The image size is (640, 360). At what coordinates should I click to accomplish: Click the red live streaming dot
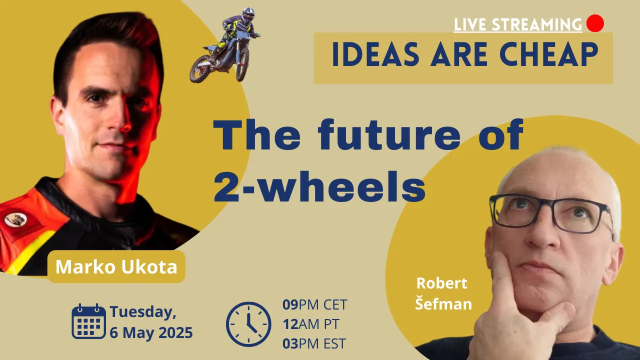pyautogui.click(x=595, y=23)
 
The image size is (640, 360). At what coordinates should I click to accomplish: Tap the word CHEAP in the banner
pyautogui.click(x=548, y=54)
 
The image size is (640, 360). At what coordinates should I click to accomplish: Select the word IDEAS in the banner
pyautogui.click(x=375, y=54)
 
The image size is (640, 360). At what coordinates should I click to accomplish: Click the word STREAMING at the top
pyautogui.click(x=537, y=24)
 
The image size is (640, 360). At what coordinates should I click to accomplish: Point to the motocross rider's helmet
pyautogui.click(x=248, y=15)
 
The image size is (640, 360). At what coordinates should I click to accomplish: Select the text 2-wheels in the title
pyautogui.click(x=320, y=186)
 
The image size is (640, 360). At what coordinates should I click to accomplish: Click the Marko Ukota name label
pyautogui.click(x=116, y=266)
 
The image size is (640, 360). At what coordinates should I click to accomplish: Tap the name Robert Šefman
pyautogui.click(x=443, y=293)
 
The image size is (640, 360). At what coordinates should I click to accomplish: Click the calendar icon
pyautogui.click(x=88, y=321)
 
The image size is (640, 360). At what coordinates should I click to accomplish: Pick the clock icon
pyautogui.click(x=248, y=324)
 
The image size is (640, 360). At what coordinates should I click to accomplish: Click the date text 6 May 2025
pyautogui.click(x=151, y=333)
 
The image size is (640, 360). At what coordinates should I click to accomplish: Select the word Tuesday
pyautogui.click(x=143, y=311)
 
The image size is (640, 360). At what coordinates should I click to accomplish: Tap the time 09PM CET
pyautogui.click(x=315, y=304)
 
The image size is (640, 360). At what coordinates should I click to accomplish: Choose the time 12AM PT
pyautogui.click(x=311, y=324)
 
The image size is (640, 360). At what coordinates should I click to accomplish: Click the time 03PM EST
pyautogui.click(x=314, y=343)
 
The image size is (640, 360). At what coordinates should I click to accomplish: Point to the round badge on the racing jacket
pyautogui.click(x=15, y=219)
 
